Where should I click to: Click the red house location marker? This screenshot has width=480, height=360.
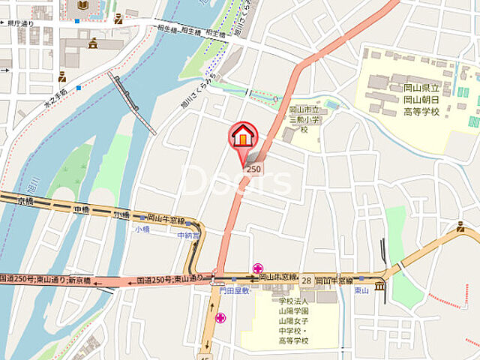click(243, 136)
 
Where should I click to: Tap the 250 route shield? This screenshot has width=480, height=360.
click(254, 169)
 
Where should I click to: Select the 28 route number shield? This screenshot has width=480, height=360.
click(306, 280)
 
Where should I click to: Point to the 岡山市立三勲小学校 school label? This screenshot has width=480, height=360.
click(304, 119)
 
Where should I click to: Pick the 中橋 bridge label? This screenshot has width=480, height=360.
click(82, 209)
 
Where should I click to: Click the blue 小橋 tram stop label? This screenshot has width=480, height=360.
click(142, 229)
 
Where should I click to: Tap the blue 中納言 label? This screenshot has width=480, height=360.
click(188, 235)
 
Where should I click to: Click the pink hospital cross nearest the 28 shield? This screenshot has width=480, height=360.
click(258, 268)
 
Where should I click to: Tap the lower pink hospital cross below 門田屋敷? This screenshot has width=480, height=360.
click(220, 318)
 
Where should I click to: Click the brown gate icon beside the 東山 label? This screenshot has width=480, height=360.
click(379, 286)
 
